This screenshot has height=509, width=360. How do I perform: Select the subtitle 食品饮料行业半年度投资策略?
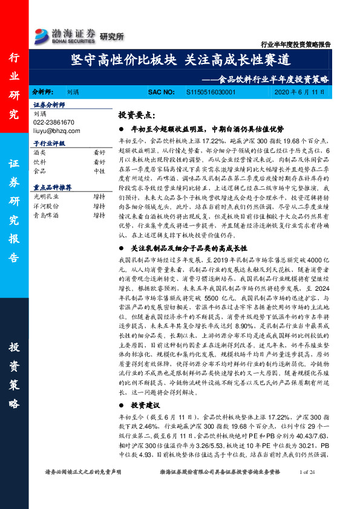(275, 79)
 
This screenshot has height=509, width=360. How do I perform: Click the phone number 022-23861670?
(54, 122)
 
